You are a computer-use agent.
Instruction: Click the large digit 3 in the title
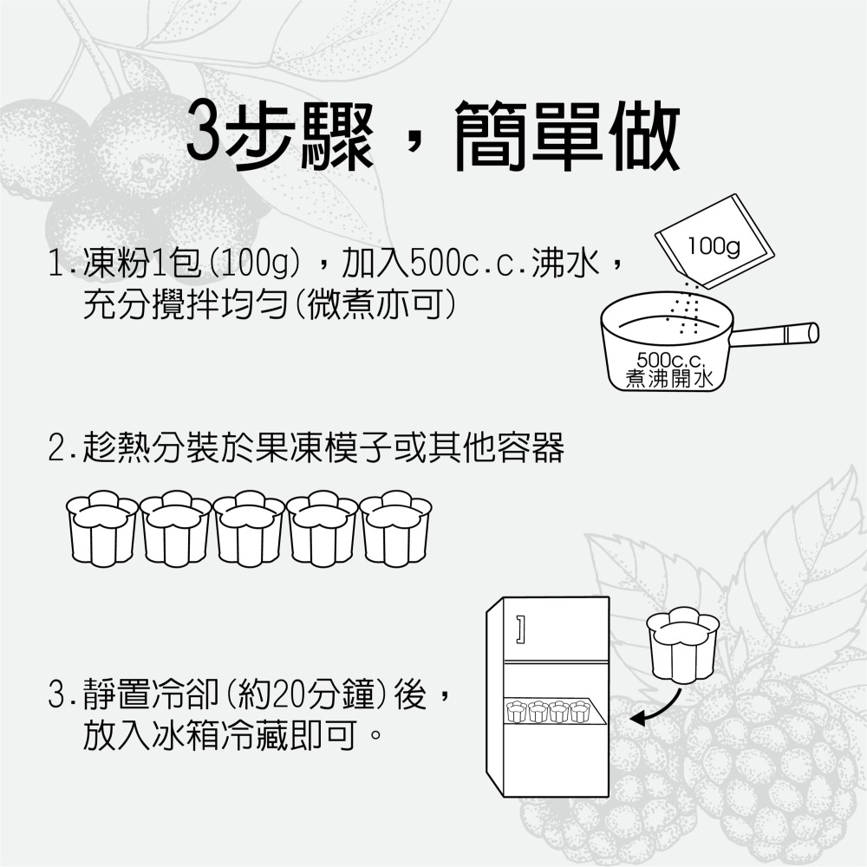206,136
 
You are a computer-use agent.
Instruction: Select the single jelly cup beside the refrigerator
684,646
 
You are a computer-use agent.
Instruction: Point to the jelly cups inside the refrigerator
548,712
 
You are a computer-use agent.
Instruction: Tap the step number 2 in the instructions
59,449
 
